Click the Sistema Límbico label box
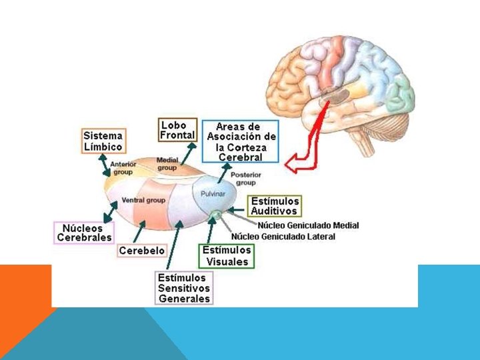pyautogui.click(x=103, y=141)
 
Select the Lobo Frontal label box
pyautogui.click(x=177, y=129)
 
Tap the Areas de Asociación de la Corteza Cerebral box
pyautogui.click(x=239, y=141)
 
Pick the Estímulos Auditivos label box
pyautogui.click(x=275, y=206)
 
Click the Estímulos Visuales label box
pyautogui.click(x=227, y=256)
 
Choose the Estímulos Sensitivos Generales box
pyautogui.click(x=184, y=288)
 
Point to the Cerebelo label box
pyautogui.click(x=141, y=251)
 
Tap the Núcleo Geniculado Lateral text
pyautogui.click(x=283, y=237)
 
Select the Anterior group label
pyautogui.click(x=124, y=168)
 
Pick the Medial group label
pyautogui.click(x=167, y=164)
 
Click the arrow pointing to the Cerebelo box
pyautogui.click(x=139, y=233)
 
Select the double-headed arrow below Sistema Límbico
pyautogui.click(x=104, y=165)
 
